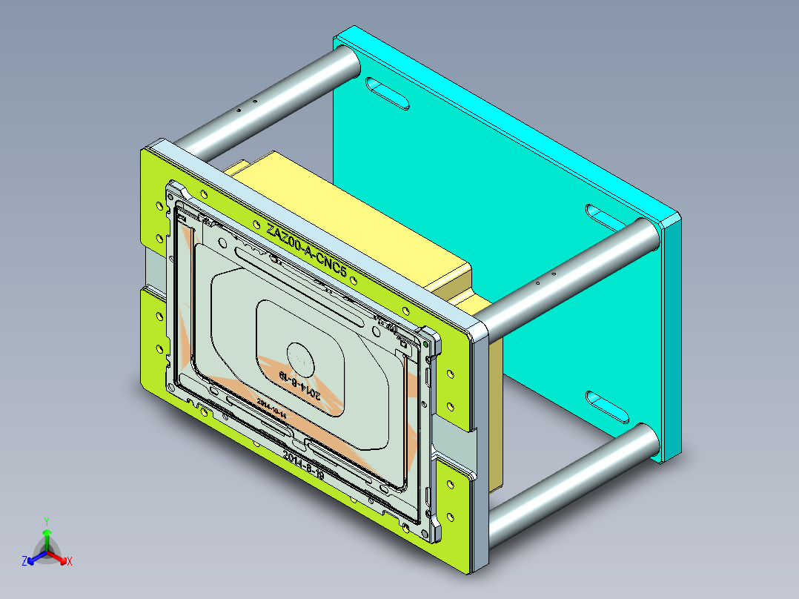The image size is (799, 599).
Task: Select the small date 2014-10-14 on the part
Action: point(271,407)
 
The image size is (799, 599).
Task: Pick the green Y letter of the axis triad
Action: point(46,520)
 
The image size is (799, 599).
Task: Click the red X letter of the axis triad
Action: point(69,561)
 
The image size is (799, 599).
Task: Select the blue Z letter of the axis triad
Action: point(24,561)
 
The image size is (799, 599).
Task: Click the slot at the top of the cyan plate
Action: point(388,93)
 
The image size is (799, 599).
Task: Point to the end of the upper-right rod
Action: point(647,235)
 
